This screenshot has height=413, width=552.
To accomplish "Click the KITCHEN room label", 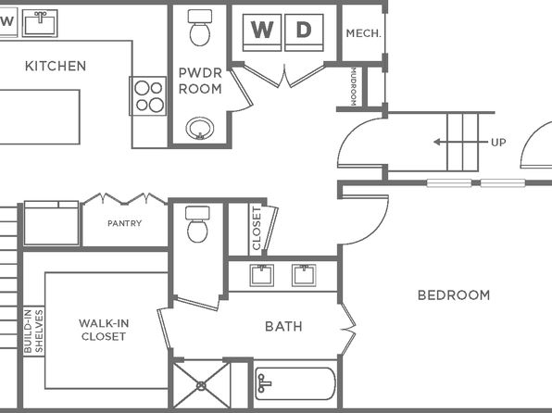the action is tap(56, 66).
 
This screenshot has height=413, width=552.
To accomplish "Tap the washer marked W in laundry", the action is tap(262, 32).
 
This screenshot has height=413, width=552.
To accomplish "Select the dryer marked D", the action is tap(304, 32).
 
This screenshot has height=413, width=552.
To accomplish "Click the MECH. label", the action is tap(364, 33).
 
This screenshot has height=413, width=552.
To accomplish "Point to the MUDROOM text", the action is tap(354, 87).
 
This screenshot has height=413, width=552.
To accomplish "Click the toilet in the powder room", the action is tap(200, 28).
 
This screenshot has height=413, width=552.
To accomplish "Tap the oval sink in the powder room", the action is tap(200, 128).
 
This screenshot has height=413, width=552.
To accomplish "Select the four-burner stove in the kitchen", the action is tap(148, 95).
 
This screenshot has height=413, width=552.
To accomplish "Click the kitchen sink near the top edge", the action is tap(40, 23).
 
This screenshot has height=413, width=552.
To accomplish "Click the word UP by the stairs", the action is tap(498, 143).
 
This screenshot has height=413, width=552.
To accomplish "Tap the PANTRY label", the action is tap(125, 223).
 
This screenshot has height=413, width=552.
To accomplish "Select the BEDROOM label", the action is tap(454, 295).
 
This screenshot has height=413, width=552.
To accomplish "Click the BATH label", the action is tap(283, 326).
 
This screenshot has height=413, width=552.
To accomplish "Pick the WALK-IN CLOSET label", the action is tap(104, 330).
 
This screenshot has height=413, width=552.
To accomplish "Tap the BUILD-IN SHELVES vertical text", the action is tap(33, 331).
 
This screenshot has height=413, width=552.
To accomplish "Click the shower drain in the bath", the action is tap(201, 386).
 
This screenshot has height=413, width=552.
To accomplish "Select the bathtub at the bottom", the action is tap(295, 383).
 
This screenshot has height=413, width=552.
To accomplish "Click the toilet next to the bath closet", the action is tap(197, 225).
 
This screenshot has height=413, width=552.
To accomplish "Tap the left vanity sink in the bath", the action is tap(262, 275).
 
